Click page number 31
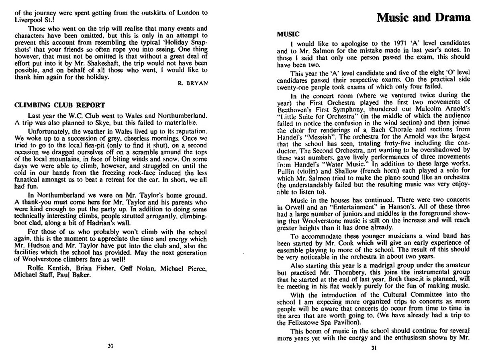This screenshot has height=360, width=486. tap(374, 348)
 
